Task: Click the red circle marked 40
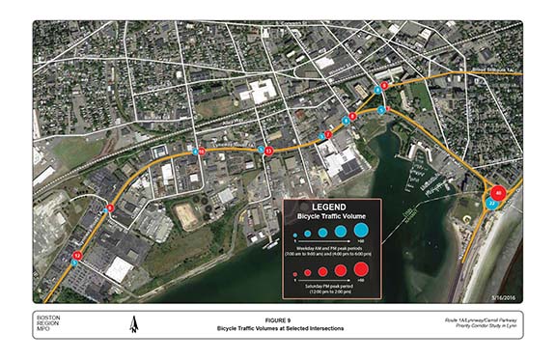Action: pyautogui.click(x=498, y=192)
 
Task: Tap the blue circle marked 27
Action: pyautogui.click(x=492, y=205)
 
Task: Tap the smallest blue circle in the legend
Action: pyautogui.click(x=294, y=235)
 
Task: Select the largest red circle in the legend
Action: pyautogui.click(x=360, y=267)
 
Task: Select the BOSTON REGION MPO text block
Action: pyautogui.click(x=52, y=326)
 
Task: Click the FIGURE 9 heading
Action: pyautogui.click(x=278, y=321)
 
